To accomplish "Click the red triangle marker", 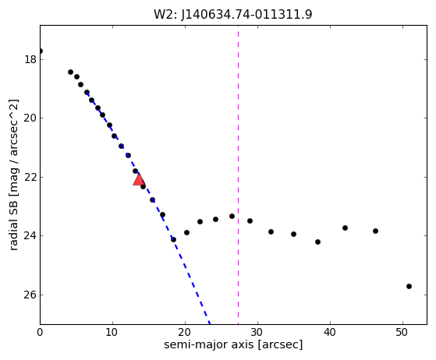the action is [139, 179].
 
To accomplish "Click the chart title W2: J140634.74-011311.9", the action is [233, 15].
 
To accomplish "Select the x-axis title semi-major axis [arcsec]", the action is [233, 344].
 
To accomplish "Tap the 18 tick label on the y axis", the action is [30, 59].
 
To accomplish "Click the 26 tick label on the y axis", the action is [30, 295].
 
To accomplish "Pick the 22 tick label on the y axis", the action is [30, 177].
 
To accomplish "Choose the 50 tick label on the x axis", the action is [403, 332].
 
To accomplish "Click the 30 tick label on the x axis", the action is [257, 332].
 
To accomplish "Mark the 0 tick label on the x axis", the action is [40, 332].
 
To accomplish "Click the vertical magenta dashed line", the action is [239, 175].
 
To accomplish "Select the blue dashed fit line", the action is [148, 208].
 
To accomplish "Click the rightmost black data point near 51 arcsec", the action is [409, 287].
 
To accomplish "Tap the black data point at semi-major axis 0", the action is [41, 51].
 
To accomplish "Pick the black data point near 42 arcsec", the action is [345, 228].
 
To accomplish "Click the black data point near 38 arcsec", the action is [317, 242].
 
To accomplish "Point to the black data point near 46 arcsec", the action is [375, 231].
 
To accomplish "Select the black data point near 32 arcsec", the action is [271, 231].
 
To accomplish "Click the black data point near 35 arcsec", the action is [293, 235].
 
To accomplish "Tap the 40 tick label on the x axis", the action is [331, 332].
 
